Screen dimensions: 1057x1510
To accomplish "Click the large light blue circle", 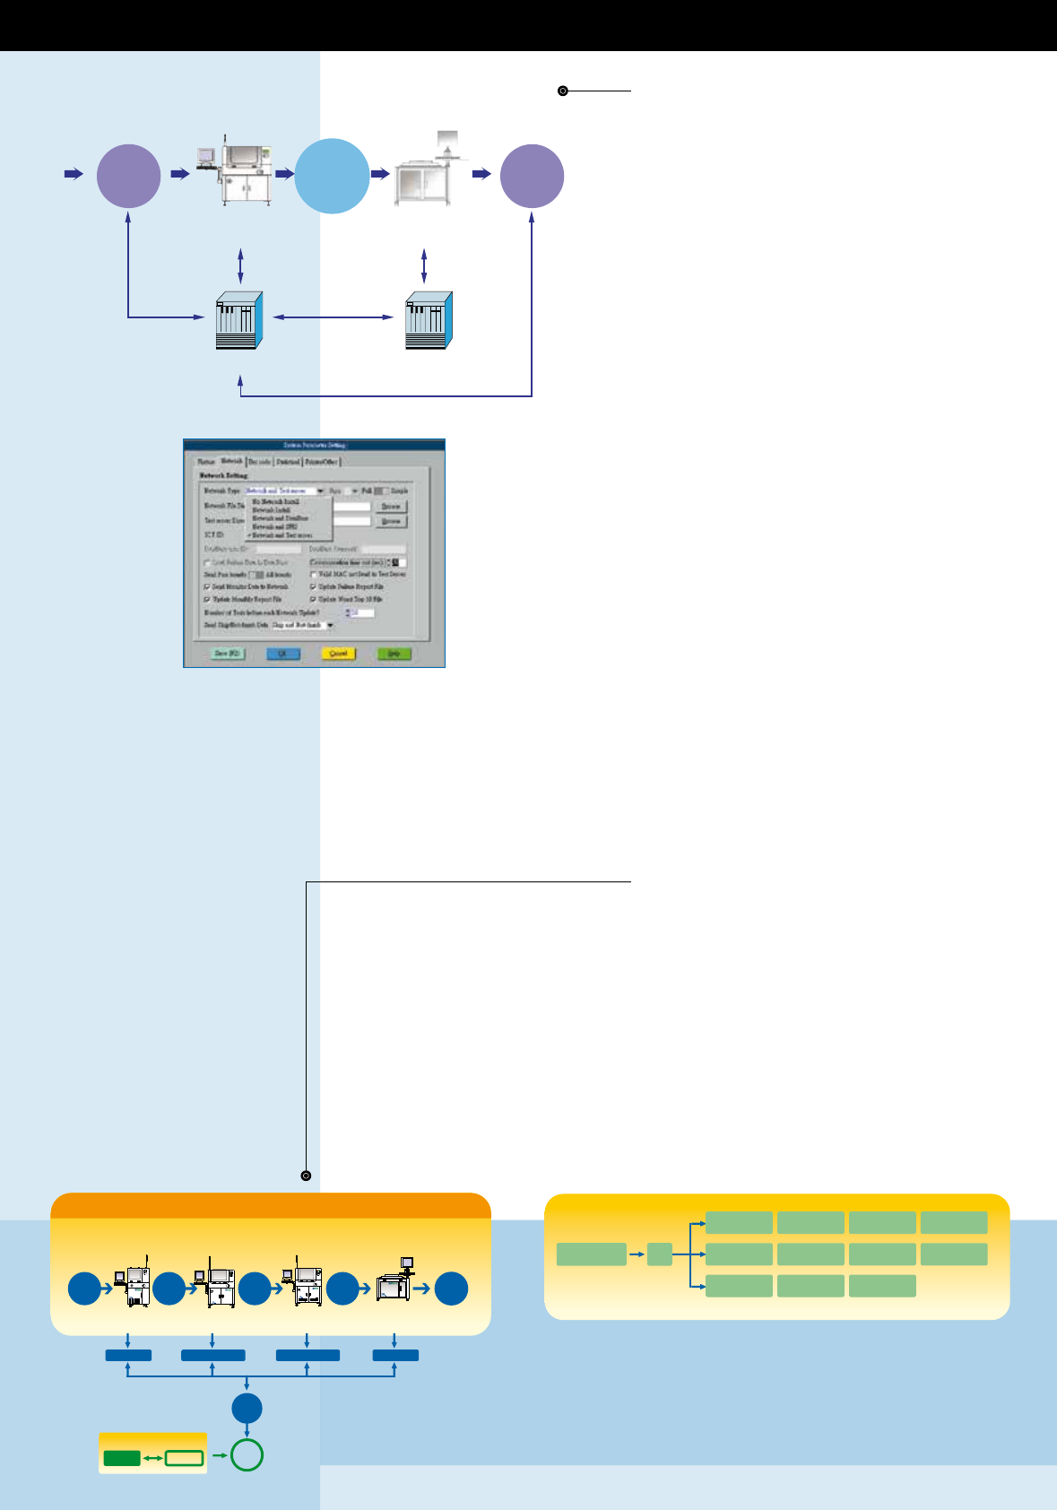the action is pos(332,176).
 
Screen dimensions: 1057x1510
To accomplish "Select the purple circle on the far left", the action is pos(128,176).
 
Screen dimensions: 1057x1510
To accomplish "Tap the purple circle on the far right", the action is pos(532,176).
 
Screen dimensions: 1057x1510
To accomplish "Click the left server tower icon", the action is pos(239,320).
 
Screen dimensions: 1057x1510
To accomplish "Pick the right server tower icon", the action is pos(429,320).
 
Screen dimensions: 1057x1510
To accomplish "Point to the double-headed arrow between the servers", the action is pos(333,317).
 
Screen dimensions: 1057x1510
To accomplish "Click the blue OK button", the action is pos(282,654).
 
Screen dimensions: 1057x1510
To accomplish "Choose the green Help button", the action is pos(394,654).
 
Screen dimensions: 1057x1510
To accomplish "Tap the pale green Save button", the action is pos(227,654).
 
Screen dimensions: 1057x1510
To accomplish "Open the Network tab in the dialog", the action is pos(231,461).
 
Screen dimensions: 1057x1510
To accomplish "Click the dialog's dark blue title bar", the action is pos(314,445).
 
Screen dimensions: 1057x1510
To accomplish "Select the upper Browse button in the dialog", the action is pos(391,507).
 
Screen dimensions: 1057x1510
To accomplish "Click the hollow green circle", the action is pos(247,1454).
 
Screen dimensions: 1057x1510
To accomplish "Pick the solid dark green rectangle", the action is pos(122,1458).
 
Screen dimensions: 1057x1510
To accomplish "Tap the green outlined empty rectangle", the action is pos(185,1458).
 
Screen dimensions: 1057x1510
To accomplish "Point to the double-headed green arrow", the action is pos(153,1458).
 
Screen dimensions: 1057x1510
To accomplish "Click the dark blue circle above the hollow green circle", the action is pos(247,1409).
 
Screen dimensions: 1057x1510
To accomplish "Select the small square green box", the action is pos(660,1254).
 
